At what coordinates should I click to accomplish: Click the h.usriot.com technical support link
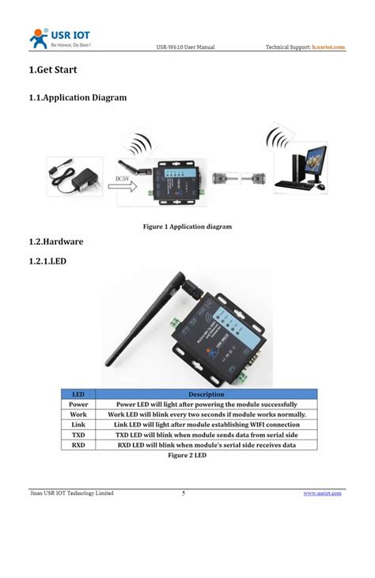(x=328, y=48)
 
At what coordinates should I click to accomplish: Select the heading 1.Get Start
(x=52, y=70)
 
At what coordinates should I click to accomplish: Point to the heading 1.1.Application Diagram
(x=78, y=98)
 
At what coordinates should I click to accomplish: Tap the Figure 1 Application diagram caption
(x=187, y=227)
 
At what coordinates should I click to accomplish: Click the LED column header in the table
(x=78, y=394)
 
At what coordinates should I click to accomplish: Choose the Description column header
(x=206, y=394)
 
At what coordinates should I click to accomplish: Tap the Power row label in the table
(x=78, y=404)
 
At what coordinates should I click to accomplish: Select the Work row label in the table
(x=78, y=414)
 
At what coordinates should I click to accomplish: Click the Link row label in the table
(x=78, y=424)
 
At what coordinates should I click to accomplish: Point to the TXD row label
(x=78, y=435)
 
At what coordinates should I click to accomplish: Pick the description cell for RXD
(x=206, y=445)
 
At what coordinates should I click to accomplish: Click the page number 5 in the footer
(x=184, y=493)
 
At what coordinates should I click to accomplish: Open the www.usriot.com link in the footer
(x=323, y=493)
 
